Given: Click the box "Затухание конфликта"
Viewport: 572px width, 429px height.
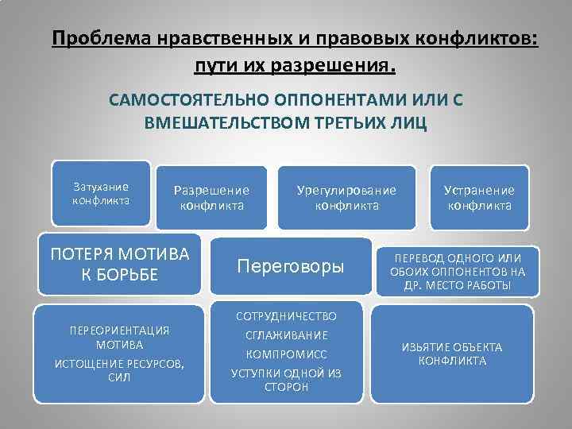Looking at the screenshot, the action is (x=100, y=193).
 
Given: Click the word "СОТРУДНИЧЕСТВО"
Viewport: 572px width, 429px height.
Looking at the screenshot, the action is (x=285, y=316).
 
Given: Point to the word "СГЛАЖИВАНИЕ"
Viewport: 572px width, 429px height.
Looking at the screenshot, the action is (x=285, y=335).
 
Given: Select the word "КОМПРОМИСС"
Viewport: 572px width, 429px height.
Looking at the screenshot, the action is (x=285, y=354).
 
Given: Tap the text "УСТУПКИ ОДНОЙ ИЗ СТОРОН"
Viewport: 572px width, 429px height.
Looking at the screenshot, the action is (x=285, y=379).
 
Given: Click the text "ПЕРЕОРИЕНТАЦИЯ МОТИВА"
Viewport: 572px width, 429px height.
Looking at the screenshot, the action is (x=119, y=337).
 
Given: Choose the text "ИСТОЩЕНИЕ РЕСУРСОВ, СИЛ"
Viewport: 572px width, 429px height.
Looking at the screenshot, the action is (x=119, y=370).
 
